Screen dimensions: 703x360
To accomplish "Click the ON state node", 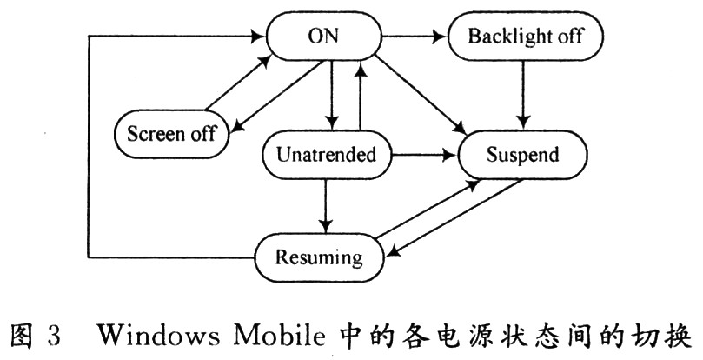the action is pos(323,37).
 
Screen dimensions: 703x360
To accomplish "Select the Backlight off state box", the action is pos(525,36).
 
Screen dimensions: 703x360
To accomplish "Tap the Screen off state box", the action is pos(172,134).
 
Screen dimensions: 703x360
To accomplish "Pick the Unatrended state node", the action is pos(326,155).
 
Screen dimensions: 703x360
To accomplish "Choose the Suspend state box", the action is pos(522,155).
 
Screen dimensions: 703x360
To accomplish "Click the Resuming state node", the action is pos(319,257).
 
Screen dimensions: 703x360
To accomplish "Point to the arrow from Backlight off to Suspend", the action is pos(523,95).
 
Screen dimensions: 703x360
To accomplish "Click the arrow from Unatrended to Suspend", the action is pos(424,156).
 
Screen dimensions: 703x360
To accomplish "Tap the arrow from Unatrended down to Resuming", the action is pos(326,206).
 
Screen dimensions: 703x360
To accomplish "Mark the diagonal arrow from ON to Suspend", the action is pos(421,95).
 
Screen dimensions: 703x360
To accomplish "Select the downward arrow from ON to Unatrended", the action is pos(332,95).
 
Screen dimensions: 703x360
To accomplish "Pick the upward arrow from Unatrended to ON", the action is pos(360,95).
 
